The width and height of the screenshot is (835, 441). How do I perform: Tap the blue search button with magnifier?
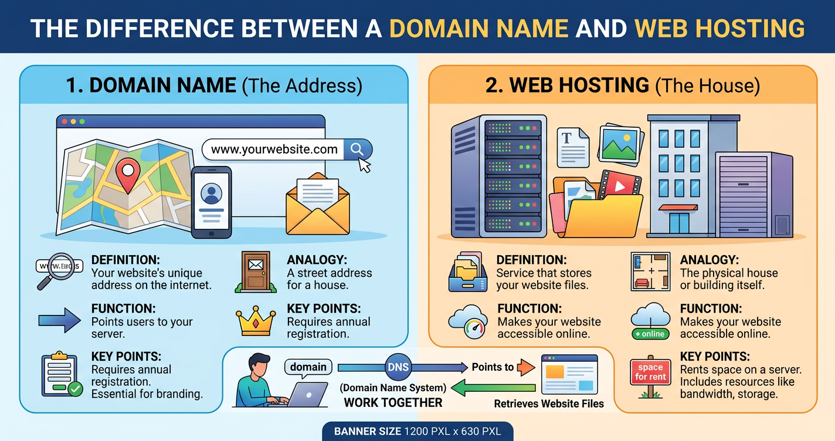click(357, 149)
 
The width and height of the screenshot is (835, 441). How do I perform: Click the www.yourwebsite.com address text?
click(274, 150)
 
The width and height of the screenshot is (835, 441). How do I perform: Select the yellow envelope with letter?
click(317, 205)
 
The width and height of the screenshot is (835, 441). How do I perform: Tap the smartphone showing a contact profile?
click(211, 202)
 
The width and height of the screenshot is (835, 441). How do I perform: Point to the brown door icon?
click(256, 271)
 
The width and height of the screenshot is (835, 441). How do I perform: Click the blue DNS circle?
click(398, 368)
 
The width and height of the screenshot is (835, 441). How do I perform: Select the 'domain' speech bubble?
click(308, 367)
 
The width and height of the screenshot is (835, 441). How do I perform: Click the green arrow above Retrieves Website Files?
click(495, 388)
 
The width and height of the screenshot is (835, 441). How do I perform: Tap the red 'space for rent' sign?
click(650, 372)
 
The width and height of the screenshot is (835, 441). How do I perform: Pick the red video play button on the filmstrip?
click(619, 187)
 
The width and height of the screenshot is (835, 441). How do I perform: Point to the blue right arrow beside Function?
click(59, 320)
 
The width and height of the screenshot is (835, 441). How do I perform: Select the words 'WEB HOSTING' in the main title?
click(719, 28)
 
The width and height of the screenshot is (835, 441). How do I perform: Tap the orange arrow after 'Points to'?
click(526, 368)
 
